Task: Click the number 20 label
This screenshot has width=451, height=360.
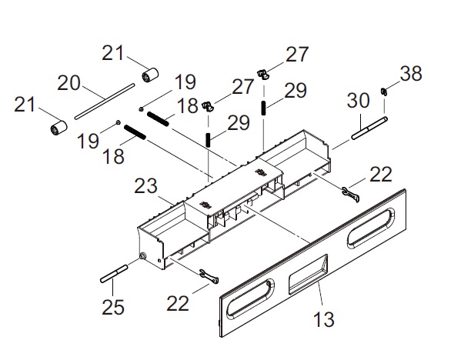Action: [x=68, y=83]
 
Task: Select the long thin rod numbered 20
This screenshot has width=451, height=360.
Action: [x=105, y=102]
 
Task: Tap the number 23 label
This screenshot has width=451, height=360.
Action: [x=145, y=186]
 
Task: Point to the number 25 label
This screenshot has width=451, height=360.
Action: [x=112, y=307]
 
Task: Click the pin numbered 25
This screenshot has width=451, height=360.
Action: [x=114, y=274]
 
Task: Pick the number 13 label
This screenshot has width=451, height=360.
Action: [x=323, y=319]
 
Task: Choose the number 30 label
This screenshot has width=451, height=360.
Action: [x=358, y=100]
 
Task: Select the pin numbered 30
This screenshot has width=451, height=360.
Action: [x=369, y=128]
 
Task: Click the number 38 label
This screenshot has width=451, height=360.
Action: [x=411, y=73]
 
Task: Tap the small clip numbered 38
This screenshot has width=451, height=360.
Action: [x=383, y=92]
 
